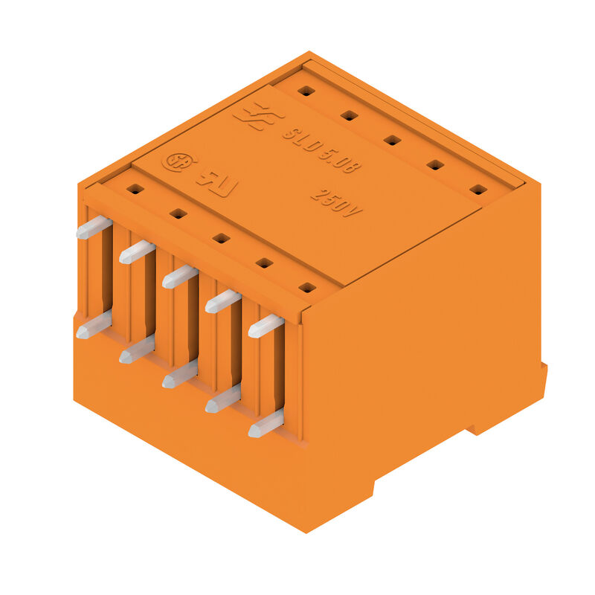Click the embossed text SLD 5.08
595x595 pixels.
point(321,149)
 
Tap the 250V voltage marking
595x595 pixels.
point(336,202)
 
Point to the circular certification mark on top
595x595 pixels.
point(176,162)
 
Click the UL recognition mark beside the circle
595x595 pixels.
point(216,182)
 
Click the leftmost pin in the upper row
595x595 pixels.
point(94,227)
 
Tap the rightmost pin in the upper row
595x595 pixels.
point(266,326)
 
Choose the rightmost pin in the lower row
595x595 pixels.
point(266,423)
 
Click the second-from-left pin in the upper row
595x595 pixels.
point(137,251)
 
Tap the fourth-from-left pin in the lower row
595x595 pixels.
point(222,399)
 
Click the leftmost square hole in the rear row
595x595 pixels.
point(305,91)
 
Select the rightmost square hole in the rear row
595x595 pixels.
point(479,190)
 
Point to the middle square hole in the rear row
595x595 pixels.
point(392,140)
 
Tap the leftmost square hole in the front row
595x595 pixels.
point(134,189)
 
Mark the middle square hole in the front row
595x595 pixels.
point(221,238)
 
